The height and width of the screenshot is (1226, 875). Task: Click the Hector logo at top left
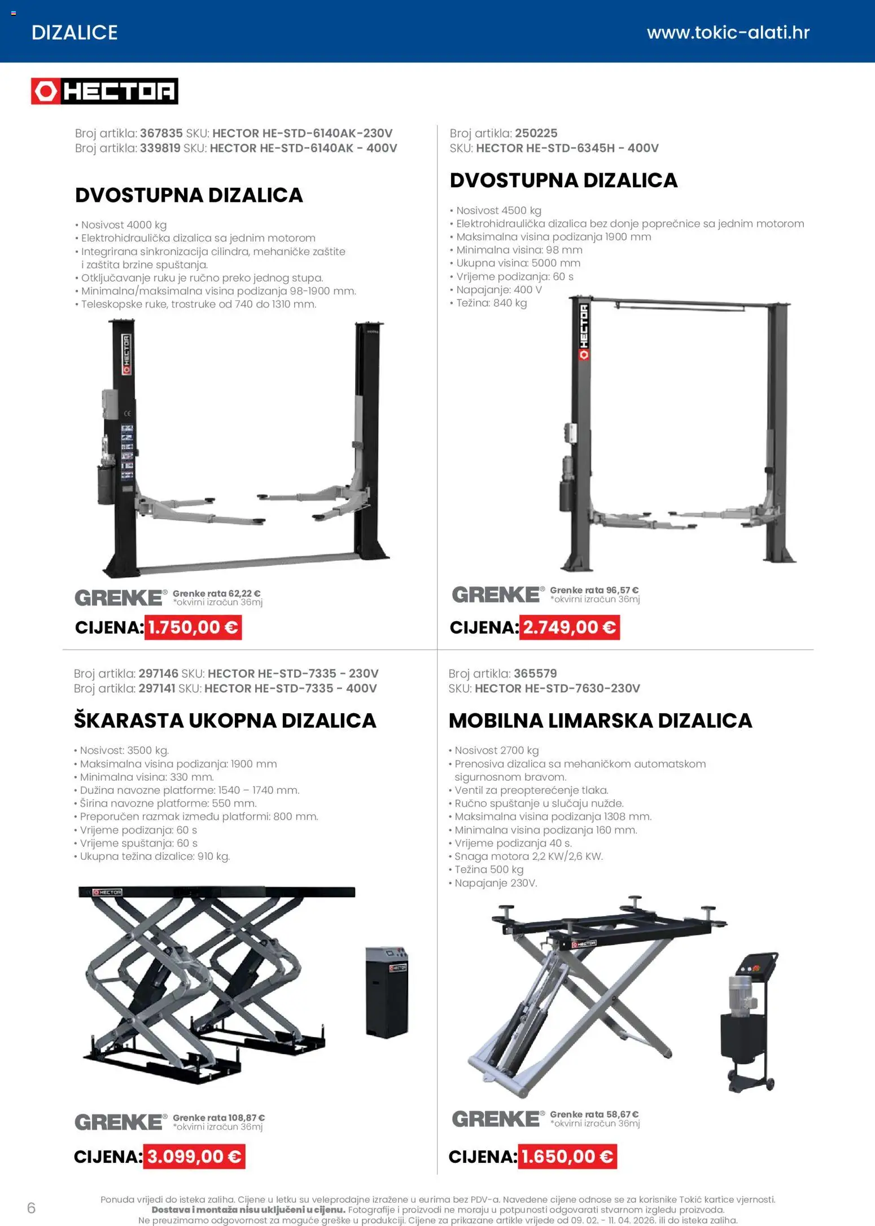tap(104, 91)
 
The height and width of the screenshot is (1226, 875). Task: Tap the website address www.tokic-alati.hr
tap(728, 33)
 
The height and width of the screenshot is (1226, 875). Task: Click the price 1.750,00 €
tap(193, 627)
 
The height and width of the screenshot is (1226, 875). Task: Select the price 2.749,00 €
tap(569, 627)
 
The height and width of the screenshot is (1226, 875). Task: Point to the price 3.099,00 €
tap(194, 1157)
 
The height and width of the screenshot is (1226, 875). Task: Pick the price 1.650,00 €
tap(567, 1157)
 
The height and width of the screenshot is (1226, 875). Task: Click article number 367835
tap(161, 134)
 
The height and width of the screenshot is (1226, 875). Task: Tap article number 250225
tap(536, 134)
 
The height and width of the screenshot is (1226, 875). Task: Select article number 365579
tap(535, 674)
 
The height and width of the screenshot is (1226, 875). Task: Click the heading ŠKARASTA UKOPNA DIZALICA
tap(225, 720)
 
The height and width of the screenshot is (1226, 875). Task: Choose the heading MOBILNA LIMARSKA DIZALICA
tap(600, 720)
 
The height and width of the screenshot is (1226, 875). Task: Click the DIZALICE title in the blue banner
tap(75, 33)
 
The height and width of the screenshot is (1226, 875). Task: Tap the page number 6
tap(31, 1208)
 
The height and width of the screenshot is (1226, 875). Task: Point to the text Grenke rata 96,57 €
tap(594, 590)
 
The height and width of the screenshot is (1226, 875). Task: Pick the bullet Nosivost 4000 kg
tap(124, 225)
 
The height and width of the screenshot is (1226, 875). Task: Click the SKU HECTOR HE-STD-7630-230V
tap(557, 688)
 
